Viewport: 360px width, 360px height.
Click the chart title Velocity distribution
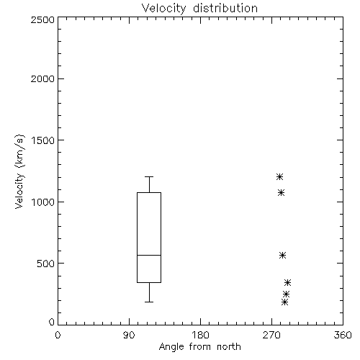(199, 9)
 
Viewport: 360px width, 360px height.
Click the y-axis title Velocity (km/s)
(19, 171)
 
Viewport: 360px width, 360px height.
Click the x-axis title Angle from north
(199, 347)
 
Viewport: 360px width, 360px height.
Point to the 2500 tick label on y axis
(42, 19)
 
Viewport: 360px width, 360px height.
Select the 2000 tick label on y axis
(42, 78)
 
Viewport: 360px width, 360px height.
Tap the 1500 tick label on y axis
(43, 140)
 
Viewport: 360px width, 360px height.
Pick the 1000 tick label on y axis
(43, 202)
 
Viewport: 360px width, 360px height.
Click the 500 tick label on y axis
(46, 264)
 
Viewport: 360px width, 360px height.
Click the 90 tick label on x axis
(129, 335)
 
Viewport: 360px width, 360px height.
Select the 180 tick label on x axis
(200, 335)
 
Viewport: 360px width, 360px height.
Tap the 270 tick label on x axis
(271, 335)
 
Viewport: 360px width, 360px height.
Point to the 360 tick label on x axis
(343, 335)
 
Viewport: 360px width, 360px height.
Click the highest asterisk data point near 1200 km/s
(279, 177)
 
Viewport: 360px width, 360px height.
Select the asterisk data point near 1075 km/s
(281, 192)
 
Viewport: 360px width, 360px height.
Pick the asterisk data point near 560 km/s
(283, 255)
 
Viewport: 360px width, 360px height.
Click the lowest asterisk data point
(284, 302)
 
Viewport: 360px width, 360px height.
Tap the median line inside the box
(149, 255)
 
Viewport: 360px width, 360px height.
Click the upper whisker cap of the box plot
(149, 177)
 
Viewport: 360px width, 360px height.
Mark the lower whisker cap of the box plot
(149, 302)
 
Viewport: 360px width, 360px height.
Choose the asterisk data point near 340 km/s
(287, 283)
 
